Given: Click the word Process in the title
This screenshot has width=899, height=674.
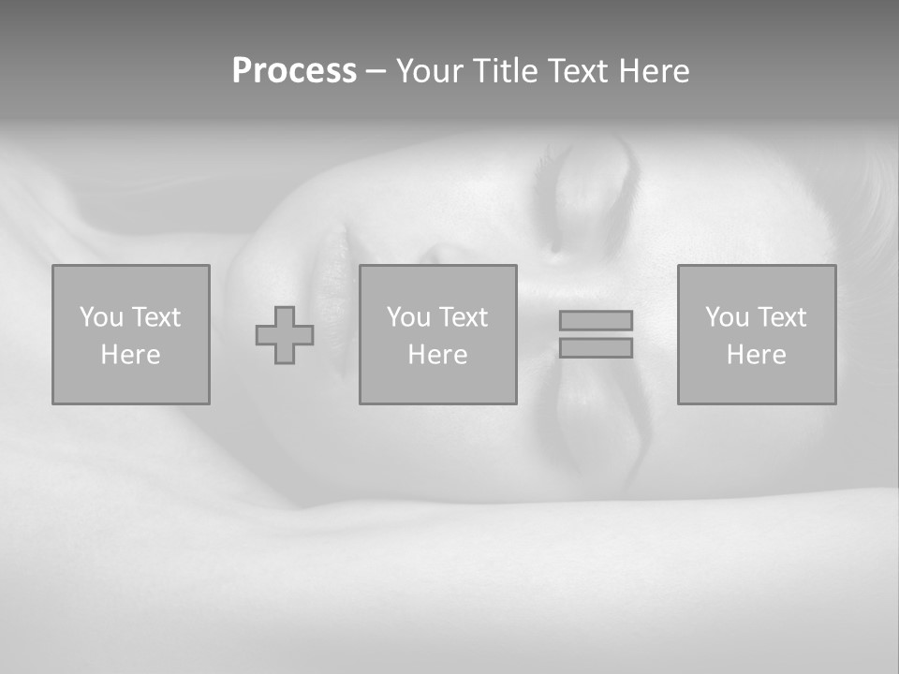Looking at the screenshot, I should point(294,71).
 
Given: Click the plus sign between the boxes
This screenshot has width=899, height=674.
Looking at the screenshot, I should point(285,335).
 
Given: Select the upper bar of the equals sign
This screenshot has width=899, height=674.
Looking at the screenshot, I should point(596,320).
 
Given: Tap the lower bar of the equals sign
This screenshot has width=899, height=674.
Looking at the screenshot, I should point(596,347).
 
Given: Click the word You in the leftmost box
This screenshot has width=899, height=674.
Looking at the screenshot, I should point(101,317).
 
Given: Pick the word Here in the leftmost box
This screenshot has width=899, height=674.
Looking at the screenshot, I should point(130,355).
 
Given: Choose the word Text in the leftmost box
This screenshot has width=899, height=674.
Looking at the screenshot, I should point(155,317).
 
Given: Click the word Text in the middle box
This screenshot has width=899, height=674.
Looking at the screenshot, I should point(463,317).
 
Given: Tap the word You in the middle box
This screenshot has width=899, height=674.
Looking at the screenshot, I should point(408,317).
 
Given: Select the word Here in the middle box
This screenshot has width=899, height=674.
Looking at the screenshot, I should point(437,355).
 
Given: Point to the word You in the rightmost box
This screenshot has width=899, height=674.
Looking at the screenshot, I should point(727,317).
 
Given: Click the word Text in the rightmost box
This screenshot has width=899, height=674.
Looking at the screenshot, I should point(781,317).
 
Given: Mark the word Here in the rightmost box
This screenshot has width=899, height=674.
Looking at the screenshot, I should point(756,355).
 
